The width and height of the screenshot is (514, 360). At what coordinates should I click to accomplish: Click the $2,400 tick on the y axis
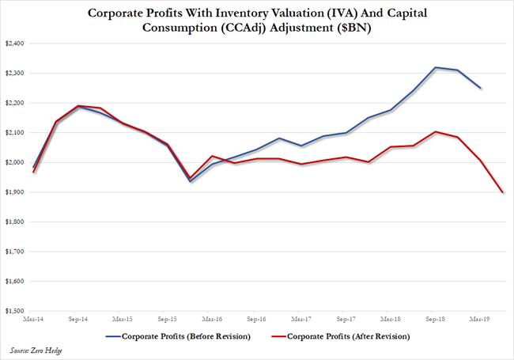(x=14, y=44)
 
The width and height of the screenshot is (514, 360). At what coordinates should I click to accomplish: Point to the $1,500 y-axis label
(x=14, y=311)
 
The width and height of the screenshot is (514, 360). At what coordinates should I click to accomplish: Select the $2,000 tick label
(x=14, y=162)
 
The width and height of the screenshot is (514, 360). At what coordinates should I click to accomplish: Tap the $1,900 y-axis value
(x=14, y=192)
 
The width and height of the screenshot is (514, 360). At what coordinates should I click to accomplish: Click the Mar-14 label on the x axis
(x=33, y=319)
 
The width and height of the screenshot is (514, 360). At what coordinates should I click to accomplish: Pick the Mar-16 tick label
(x=211, y=319)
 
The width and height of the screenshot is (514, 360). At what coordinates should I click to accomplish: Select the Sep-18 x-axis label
(x=436, y=319)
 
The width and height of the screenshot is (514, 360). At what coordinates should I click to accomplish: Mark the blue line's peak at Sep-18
(x=436, y=67)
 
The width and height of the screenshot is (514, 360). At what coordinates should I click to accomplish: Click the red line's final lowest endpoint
(x=503, y=192)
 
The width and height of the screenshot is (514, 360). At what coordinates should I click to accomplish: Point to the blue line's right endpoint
(x=481, y=88)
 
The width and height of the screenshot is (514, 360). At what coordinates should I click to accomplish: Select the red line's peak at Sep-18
(x=436, y=131)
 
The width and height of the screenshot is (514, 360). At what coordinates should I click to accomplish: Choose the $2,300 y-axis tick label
(x=14, y=74)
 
